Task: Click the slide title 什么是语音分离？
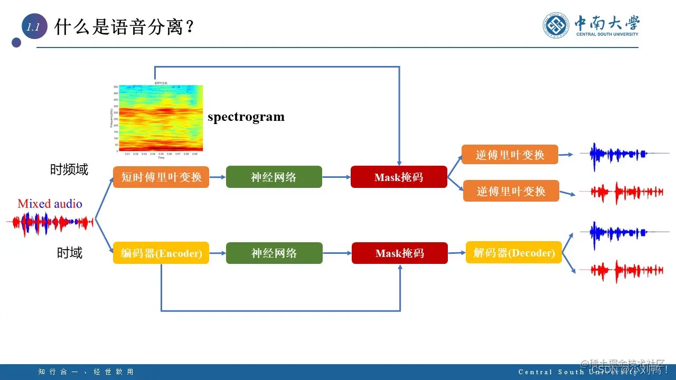(x=125, y=27)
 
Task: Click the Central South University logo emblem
(x=557, y=25)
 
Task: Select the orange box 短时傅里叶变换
(x=161, y=177)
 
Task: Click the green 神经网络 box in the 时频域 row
(x=274, y=177)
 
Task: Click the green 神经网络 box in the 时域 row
(x=274, y=253)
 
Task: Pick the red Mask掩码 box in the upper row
(x=399, y=177)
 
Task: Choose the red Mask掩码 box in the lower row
(x=399, y=253)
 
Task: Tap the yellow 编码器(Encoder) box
(x=161, y=253)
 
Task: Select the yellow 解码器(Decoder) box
(x=513, y=252)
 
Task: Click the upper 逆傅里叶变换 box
(x=510, y=155)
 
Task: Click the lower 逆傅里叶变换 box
(x=511, y=191)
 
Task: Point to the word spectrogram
(x=246, y=117)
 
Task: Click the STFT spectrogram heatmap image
(x=161, y=118)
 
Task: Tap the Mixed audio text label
(x=50, y=204)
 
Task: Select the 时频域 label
(x=69, y=169)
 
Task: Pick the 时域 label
(x=70, y=253)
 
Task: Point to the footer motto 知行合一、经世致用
(x=86, y=372)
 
